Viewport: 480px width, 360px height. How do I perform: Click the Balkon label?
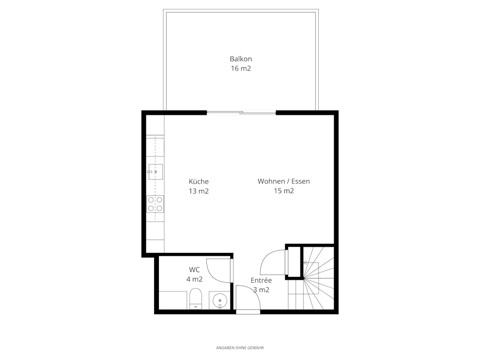pyautogui.click(x=240, y=59)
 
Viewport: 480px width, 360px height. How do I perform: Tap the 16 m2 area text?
pyautogui.click(x=240, y=68)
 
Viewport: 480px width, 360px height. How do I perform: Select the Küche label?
pyautogui.click(x=199, y=181)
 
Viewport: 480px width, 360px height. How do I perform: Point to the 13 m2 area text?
pyautogui.click(x=199, y=191)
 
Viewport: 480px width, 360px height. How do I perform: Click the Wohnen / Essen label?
pyautogui.click(x=284, y=181)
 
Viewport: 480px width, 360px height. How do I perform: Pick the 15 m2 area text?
pyautogui.click(x=284, y=191)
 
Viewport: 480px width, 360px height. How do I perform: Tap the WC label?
pyautogui.click(x=194, y=270)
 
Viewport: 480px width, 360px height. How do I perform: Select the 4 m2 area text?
pyautogui.click(x=194, y=279)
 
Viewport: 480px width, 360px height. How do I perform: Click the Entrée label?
pyautogui.click(x=261, y=280)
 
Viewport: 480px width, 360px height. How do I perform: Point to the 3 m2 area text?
pyautogui.click(x=261, y=289)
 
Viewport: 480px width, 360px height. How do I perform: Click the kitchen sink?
pyautogui.click(x=156, y=172)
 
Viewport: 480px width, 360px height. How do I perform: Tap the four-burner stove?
pyautogui.click(x=155, y=204)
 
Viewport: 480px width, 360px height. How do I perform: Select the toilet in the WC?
pyautogui.click(x=196, y=299)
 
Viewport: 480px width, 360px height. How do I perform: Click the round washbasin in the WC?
pyautogui.click(x=220, y=300)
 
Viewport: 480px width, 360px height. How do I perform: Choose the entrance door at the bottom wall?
pyautogui.click(x=248, y=312)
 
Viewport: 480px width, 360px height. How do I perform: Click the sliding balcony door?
pyautogui.click(x=241, y=113)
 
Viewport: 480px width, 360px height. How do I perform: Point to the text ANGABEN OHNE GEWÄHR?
pyautogui.click(x=240, y=348)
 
